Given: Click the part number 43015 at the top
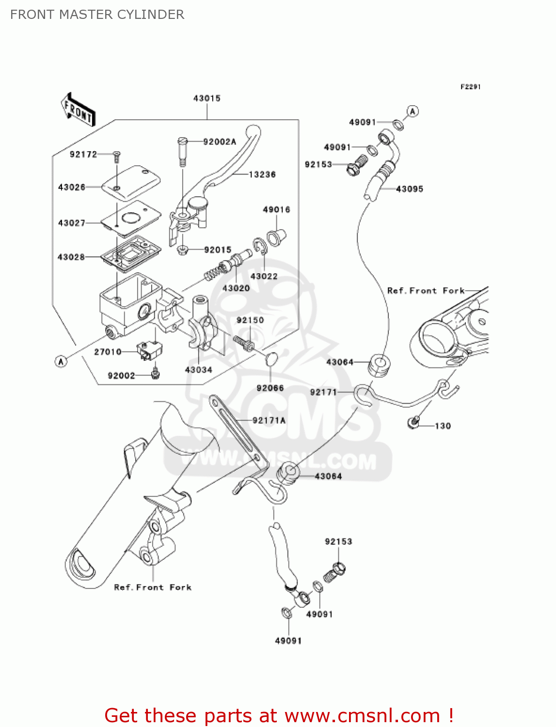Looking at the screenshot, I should (x=207, y=98).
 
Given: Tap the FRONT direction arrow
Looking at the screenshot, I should (x=78, y=110).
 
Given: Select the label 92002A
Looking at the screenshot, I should (x=220, y=142).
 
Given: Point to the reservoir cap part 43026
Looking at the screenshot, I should (x=131, y=183).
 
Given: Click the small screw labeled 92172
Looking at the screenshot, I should (x=116, y=155).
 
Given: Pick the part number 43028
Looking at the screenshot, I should (x=71, y=257).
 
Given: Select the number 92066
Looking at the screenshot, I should (x=270, y=388).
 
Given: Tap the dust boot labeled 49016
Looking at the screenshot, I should (x=277, y=237).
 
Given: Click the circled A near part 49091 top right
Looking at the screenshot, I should (x=412, y=111).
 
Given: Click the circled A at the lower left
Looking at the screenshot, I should (x=61, y=361).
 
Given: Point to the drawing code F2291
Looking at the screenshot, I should (x=470, y=87).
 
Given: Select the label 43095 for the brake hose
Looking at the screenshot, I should (x=410, y=189).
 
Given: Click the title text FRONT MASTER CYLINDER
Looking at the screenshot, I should (x=97, y=15).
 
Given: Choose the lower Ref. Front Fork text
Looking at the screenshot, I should (x=153, y=587).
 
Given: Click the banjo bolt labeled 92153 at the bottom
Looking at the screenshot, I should (x=335, y=572).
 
